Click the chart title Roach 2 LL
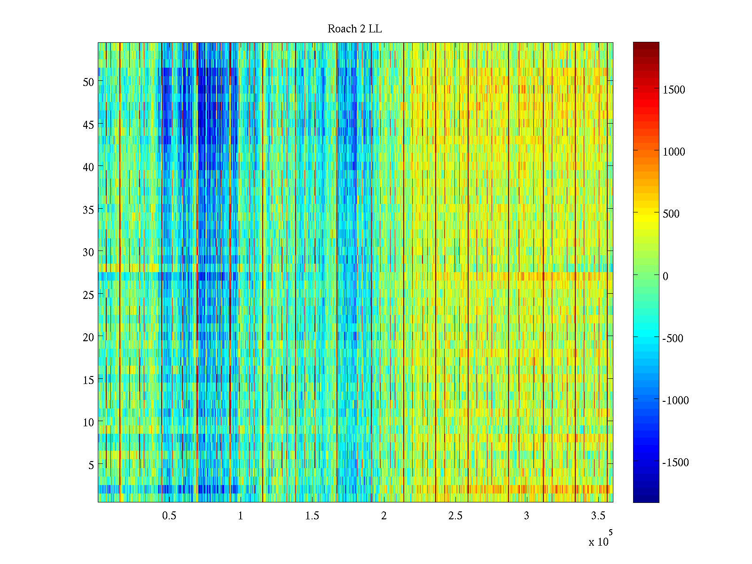tap(354, 29)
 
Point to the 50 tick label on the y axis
tap(88, 82)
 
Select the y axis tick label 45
tap(88, 125)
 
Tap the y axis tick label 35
tap(88, 210)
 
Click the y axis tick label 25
tap(88, 295)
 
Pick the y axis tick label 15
tap(88, 380)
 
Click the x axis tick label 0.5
tap(169, 516)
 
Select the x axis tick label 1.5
tap(312, 516)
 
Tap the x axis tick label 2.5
tap(455, 516)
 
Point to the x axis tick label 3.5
tap(598, 516)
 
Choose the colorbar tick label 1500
tap(674, 90)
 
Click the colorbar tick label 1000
tap(674, 152)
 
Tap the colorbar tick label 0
tap(666, 276)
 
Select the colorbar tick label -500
tap(673, 338)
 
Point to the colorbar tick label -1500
tap(675, 462)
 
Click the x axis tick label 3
tap(526, 516)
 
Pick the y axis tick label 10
tap(88, 423)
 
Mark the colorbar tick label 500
tap(671, 214)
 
